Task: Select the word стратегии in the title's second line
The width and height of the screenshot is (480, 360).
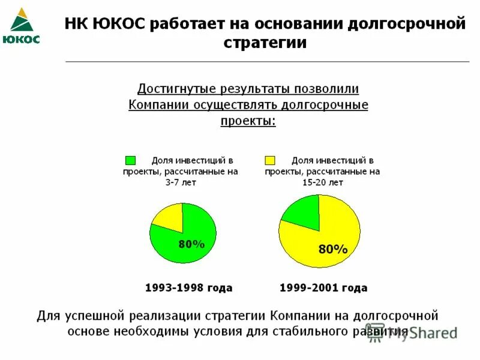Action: [265, 43]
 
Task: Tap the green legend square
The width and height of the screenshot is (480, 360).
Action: [130, 160]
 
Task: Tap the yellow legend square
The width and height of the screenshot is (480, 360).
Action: [269, 160]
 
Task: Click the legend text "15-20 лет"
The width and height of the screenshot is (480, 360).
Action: [322, 182]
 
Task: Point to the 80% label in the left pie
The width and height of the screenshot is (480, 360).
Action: [191, 244]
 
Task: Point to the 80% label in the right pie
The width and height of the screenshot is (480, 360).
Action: [333, 249]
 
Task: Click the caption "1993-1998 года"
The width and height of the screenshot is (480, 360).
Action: [188, 288]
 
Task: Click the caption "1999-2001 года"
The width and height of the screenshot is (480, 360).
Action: [323, 288]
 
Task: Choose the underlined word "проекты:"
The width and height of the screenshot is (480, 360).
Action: [248, 121]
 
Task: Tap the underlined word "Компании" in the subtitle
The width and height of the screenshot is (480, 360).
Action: [158, 105]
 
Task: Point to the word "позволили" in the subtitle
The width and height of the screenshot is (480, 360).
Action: [326, 89]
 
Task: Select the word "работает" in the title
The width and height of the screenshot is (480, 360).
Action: [188, 25]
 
